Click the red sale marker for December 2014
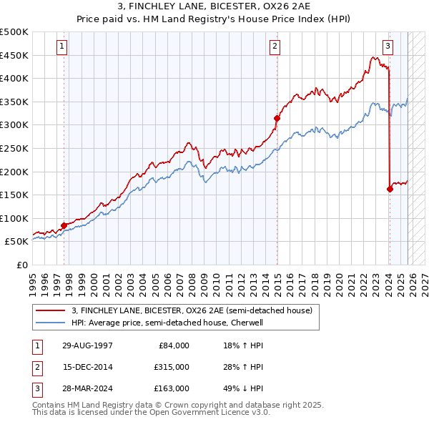pyautogui.click(x=277, y=118)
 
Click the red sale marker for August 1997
pyautogui.click(x=64, y=225)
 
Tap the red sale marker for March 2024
pyautogui.click(x=390, y=189)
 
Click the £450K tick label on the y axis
pyautogui.click(x=14, y=55)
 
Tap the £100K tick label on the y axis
pyautogui.click(x=14, y=218)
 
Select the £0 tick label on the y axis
pyautogui.click(x=21, y=265)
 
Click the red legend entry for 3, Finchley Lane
pyautogui.click(x=192, y=311)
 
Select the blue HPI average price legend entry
pyautogui.click(x=167, y=323)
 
